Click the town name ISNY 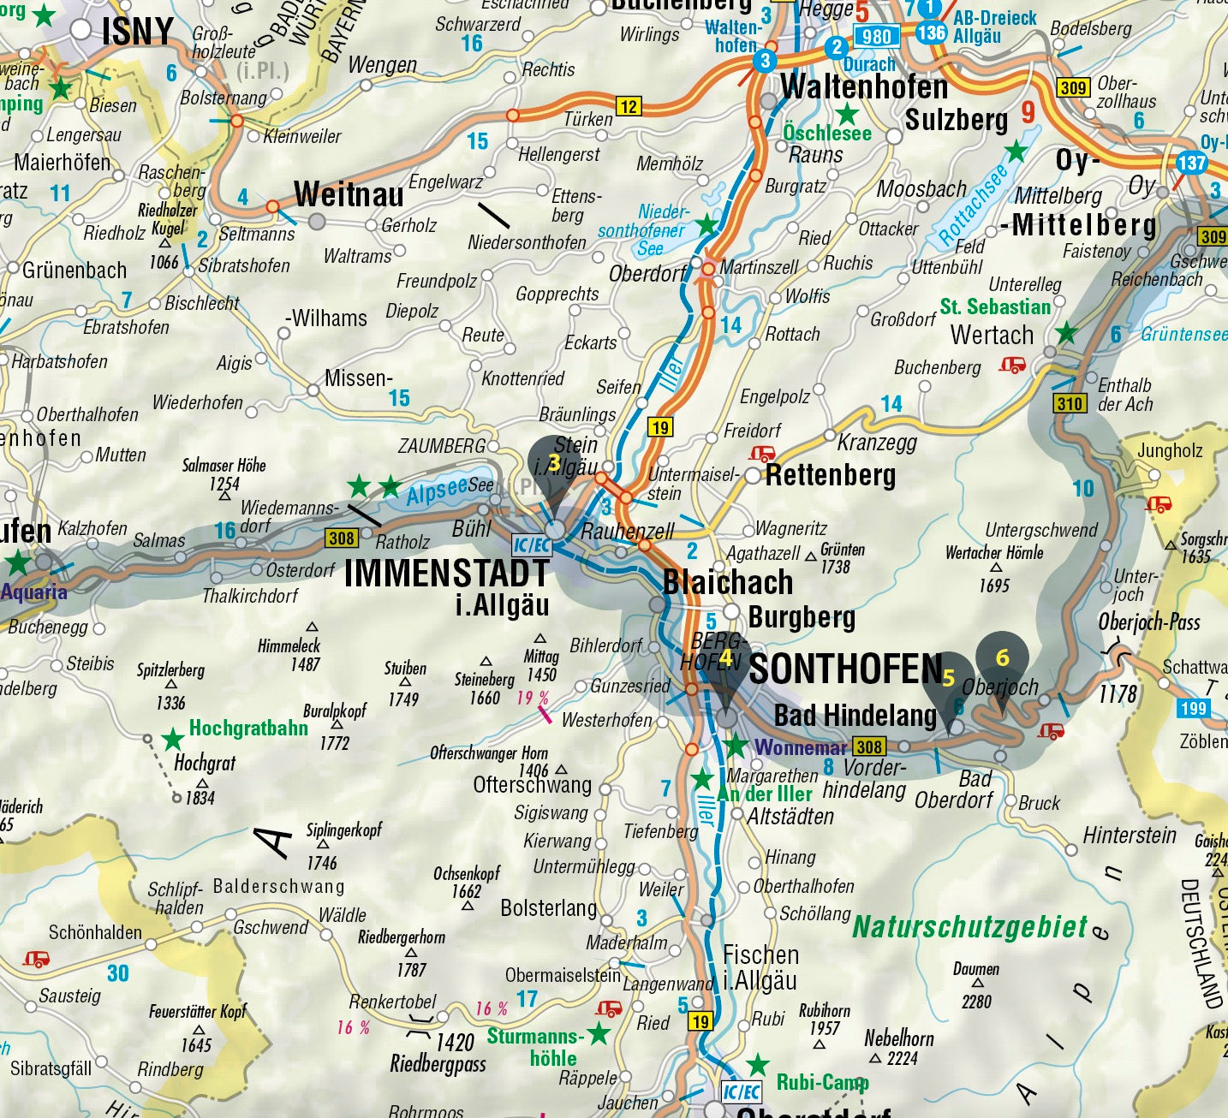137,33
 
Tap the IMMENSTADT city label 446,574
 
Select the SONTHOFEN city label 845,669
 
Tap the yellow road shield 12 629,106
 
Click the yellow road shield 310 1070,403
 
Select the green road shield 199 1193,708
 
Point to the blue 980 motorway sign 876,36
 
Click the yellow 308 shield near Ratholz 341,538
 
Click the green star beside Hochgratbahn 174,739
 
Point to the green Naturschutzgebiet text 969,927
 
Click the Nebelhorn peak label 898,1038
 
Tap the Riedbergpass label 438,1064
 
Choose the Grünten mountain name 843,550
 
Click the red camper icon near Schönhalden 36,959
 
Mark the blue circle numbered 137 1191,163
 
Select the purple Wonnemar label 800,747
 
